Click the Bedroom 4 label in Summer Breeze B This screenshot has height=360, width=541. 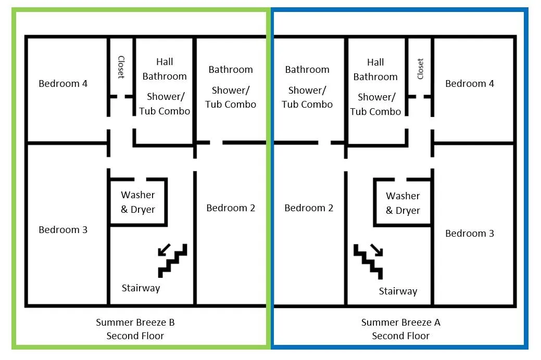63,83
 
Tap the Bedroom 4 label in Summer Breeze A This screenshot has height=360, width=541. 470,83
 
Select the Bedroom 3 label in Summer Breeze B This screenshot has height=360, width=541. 63,229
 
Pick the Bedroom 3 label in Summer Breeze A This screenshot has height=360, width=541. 470,234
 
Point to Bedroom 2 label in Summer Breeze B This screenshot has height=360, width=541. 231,208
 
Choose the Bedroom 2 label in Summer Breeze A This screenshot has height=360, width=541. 309,208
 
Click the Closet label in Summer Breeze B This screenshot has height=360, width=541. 121,67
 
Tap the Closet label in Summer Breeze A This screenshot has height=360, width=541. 420,69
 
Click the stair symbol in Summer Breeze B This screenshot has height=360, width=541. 173,261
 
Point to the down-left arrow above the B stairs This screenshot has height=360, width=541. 164,250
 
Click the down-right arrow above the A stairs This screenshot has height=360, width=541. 377,250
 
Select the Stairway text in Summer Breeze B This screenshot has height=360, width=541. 141,288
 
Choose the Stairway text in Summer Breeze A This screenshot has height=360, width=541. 398,291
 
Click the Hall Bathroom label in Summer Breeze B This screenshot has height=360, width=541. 165,69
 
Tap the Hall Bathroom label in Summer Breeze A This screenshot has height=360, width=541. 375,69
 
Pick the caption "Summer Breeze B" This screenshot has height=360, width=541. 135,323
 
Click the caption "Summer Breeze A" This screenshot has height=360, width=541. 400,323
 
